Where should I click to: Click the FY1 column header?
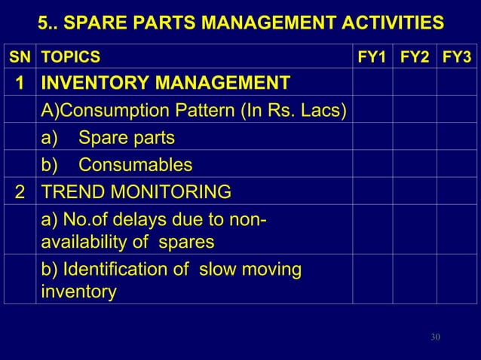coord(372,56)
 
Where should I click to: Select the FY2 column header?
coord(415,56)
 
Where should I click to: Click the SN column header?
coord(20,56)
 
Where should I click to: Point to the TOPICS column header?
coord(69,56)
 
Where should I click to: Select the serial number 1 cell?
coord(20,83)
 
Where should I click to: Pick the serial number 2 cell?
coord(20,191)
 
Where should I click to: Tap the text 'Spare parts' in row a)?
coord(127,139)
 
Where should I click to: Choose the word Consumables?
coord(135,165)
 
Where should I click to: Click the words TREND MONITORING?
coord(136,191)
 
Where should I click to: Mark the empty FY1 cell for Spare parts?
coord(372,139)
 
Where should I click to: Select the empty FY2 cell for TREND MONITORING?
coord(415,191)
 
